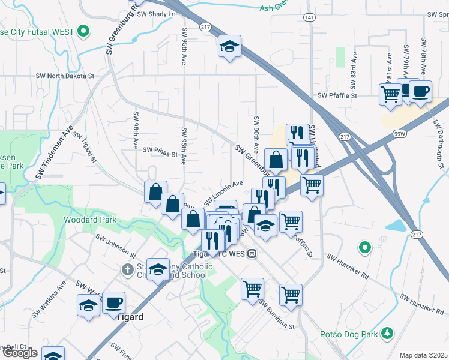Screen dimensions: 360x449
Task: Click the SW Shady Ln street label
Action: [157, 14]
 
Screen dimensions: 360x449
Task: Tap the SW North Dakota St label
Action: [65, 76]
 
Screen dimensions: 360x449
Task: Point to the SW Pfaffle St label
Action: [337, 95]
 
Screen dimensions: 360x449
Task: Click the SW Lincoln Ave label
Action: [223, 191]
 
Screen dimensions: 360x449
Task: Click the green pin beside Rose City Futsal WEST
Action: [84, 31]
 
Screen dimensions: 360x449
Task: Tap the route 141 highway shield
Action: [310, 18]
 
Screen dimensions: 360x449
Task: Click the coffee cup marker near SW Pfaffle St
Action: [421, 92]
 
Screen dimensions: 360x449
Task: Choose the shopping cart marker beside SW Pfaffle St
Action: [390, 94]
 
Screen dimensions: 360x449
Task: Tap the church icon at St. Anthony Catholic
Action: [127, 270]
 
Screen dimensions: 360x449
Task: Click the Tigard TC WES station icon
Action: [253, 253]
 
